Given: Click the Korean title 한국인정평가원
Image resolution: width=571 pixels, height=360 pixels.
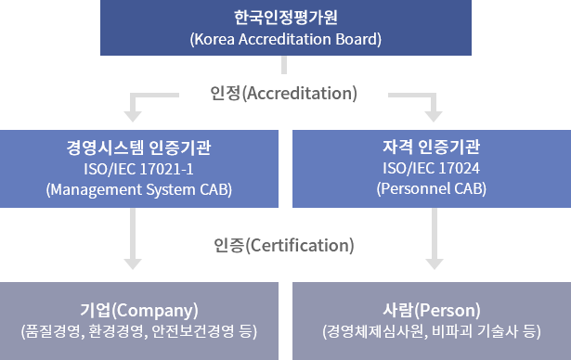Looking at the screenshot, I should pyautogui.click(x=285, y=18).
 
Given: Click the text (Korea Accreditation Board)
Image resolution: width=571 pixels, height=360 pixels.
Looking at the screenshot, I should pyautogui.click(x=285, y=39).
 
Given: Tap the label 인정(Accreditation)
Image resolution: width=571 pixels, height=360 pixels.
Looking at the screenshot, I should pyautogui.click(x=284, y=94).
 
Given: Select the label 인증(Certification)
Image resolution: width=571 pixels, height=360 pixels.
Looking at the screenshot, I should pyautogui.click(x=284, y=246).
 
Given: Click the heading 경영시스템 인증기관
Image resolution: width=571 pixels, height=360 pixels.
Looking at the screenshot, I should pyautogui.click(x=138, y=147).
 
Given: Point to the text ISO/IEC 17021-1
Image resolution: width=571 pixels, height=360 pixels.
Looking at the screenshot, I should pyautogui.click(x=138, y=169).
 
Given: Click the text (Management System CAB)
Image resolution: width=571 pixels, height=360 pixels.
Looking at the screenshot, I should pyautogui.click(x=138, y=189).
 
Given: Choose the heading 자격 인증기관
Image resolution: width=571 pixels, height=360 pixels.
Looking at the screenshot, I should pyautogui.click(x=431, y=147).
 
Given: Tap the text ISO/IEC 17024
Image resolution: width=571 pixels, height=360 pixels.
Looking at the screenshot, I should pyautogui.click(x=431, y=169).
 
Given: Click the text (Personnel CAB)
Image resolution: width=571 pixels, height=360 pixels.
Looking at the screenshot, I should pyautogui.click(x=431, y=189).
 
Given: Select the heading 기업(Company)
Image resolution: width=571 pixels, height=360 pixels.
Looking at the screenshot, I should pyautogui.click(x=138, y=309).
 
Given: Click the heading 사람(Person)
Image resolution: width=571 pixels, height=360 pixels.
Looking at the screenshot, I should pyautogui.click(x=431, y=309).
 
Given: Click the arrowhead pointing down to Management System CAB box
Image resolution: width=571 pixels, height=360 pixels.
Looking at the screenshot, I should pyautogui.click(x=132, y=115).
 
